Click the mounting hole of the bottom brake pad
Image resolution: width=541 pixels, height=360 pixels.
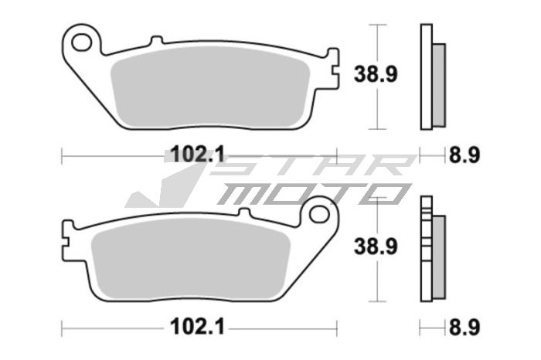[318, 214]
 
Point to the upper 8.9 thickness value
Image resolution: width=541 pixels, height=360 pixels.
[464, 155]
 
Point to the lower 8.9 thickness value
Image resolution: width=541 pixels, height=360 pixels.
[464, 328]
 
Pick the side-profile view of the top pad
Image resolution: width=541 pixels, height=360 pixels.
[431, 77]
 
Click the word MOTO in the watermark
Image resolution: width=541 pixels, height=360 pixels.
[309, 194]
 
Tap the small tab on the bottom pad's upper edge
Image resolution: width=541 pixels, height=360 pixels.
[243, 212]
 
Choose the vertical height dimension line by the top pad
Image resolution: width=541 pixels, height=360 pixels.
[376, 77]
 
